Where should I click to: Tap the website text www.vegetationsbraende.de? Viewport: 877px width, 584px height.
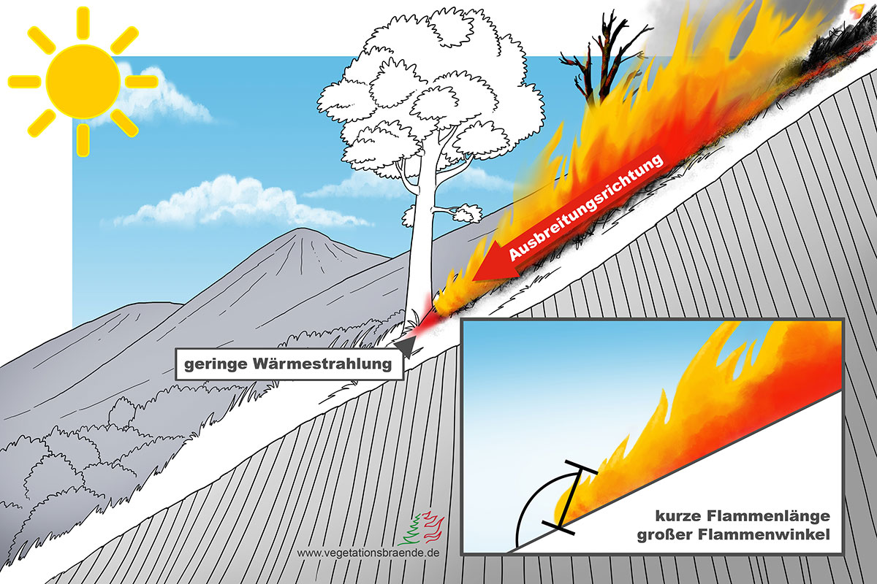(368, 553)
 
